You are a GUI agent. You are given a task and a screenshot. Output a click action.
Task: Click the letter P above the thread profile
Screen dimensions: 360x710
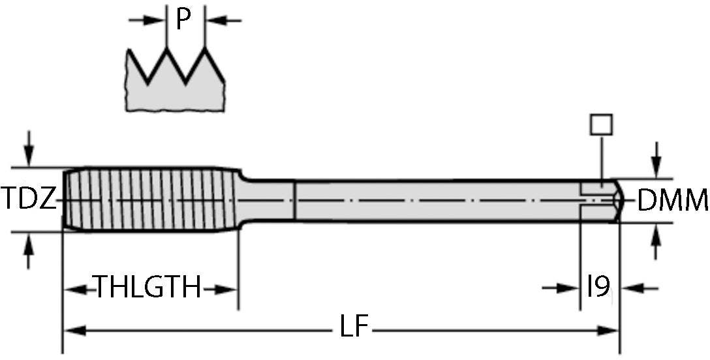[185, 20]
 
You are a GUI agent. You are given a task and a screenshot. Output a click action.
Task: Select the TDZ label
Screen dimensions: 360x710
[29, 200]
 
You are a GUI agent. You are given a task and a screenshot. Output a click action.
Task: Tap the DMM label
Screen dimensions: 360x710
[672, 201]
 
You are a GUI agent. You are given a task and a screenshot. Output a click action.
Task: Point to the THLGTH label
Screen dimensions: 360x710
[149, 287]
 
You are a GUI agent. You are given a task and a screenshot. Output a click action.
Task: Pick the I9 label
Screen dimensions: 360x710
[598, 287]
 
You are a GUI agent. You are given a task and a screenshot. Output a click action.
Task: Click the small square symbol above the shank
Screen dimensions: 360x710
[600, 125]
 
